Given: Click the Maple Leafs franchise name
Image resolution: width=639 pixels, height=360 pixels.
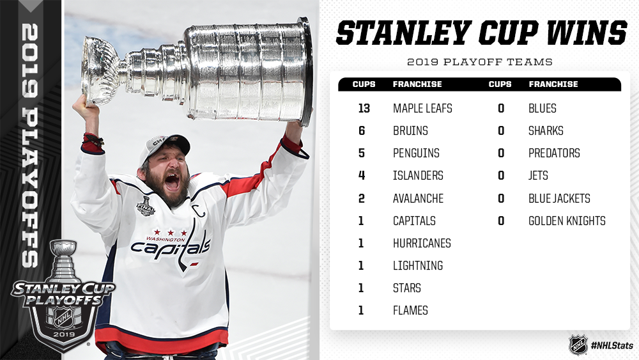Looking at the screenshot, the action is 422,109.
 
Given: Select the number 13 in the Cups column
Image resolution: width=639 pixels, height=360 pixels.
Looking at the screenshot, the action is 364,109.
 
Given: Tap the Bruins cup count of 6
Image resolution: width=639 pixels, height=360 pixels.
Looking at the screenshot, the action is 362,131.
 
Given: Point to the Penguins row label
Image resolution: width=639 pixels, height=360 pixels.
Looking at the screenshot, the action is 416,153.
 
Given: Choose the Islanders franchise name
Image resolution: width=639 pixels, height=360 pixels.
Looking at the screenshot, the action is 418,176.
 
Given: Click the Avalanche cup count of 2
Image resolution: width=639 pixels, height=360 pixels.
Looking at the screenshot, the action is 362,199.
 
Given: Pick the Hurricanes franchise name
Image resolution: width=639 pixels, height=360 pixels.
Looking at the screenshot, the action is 422,244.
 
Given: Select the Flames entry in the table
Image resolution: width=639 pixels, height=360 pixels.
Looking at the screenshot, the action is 410,311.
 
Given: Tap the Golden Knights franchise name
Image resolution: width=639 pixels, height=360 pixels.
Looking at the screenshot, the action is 567,221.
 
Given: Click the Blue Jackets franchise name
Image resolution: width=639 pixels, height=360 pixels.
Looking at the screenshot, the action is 559,199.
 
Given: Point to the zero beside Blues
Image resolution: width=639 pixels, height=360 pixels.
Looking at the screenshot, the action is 501,109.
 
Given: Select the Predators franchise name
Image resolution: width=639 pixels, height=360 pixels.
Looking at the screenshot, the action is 554,153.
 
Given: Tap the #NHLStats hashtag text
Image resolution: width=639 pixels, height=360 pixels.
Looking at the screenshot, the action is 612,345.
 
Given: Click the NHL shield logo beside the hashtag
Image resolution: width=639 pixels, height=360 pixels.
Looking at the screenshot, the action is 578,345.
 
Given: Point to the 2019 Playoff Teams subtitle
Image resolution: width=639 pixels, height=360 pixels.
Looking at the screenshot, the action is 480,62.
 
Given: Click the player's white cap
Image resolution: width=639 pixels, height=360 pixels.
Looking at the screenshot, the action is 164,147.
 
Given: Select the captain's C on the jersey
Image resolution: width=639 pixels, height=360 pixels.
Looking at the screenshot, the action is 199,210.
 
